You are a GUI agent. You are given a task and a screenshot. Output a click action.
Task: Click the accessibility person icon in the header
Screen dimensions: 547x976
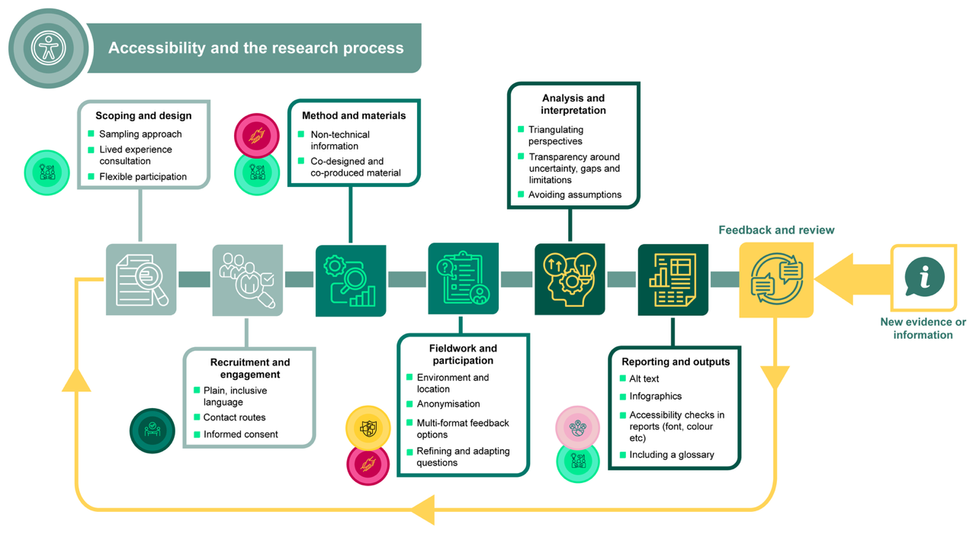pos(49,48)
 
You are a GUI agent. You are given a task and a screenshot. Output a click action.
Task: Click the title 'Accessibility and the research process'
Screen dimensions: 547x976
pos(255,48)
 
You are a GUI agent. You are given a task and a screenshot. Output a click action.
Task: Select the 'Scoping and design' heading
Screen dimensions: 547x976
pos(143,116)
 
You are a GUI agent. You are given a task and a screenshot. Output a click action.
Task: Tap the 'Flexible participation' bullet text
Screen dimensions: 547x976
pos(143,176)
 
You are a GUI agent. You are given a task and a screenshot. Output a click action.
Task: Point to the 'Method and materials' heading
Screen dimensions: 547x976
pos(354,116)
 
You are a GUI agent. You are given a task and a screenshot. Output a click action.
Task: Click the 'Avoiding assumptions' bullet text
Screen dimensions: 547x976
pos(574,195)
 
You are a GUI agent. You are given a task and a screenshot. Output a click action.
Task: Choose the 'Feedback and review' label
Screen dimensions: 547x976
pos(776,230)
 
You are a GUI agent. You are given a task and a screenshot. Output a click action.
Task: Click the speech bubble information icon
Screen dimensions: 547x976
pos(924,277)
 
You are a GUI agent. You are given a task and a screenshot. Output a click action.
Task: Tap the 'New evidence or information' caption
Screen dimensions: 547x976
pos(923,328)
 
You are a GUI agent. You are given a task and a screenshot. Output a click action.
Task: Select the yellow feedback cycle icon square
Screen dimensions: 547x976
pos(776,279)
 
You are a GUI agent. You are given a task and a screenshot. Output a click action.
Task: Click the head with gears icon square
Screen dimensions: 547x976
pos(570,279)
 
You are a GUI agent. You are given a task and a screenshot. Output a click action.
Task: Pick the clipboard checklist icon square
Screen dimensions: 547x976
pos(464,279)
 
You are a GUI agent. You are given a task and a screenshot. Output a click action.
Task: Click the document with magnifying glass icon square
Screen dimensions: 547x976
pos(141,279)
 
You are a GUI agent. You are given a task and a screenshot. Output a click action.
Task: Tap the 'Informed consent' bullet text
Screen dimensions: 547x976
pos(240,434)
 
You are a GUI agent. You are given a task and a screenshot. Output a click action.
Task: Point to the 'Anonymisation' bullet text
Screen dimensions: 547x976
pos(448,404)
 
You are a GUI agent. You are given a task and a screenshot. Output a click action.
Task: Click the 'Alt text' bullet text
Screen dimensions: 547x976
pos(644,378)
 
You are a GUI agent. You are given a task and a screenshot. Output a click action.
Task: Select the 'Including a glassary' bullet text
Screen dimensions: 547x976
pos(672,455)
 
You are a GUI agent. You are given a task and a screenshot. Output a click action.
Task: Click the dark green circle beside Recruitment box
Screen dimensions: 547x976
pos(152,430)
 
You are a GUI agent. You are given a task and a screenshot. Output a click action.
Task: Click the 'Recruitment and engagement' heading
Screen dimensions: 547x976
pos(250,368)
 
